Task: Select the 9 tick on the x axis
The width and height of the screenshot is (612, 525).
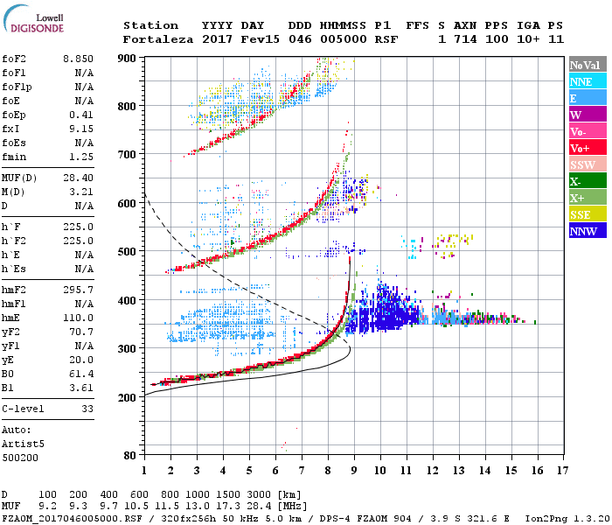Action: point(353,470)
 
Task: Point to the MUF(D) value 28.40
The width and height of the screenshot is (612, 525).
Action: point(77,178)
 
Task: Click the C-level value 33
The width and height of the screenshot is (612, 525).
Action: point(87,409)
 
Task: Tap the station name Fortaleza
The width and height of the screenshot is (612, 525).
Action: point(156,39)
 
